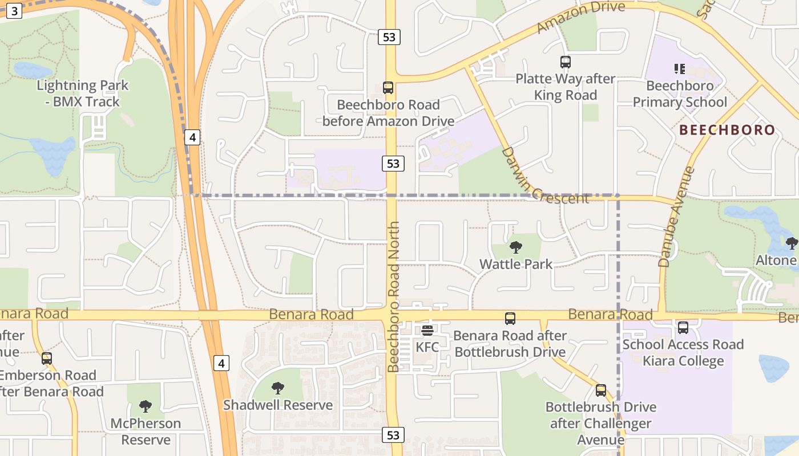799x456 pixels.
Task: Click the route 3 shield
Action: [14, 11]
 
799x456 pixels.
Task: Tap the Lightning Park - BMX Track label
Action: [83, 94]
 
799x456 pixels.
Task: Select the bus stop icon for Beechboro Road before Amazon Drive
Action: [388, 88]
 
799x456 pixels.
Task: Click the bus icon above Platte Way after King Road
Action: [565, 62]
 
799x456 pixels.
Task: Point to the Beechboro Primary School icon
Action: [679, 69]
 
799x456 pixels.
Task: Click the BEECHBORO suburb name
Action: [727, 130]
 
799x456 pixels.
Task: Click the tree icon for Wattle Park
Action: [516, 247]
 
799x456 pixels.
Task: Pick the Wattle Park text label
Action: [516, 264]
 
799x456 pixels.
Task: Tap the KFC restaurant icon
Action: [427, 331]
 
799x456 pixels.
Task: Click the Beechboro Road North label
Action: [393, 296]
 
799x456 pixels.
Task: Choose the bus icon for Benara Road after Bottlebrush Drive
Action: [510, 319]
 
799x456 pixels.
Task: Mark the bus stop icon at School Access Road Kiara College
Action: [683, 328]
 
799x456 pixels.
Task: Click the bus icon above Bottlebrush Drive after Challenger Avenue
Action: [600, 390]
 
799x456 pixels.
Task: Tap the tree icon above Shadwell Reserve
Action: [278, 388]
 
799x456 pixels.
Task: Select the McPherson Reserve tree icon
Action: [146, 406]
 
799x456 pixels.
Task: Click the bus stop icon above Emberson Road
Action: [47, 359]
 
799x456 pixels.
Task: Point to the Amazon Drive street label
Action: [581, 17]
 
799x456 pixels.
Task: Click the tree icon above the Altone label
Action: [792, 244]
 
